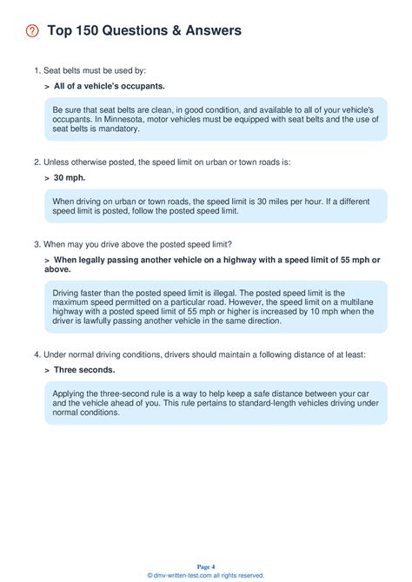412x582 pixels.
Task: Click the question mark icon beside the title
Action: click(x=33, y=31)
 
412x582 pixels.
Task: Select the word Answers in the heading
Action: click(x=208, y=31)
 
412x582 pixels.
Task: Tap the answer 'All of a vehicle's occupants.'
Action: click(x=109, y=87)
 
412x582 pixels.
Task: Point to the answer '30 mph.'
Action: click(x=70, y=177)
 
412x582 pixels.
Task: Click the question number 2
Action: click(x=37, y=162)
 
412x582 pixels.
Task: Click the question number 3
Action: click(x=37, y=243)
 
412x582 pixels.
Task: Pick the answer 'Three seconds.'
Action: click(x=84, y=369)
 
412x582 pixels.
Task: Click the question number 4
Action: click(x=37, y=354)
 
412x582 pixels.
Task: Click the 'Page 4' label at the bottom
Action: click(x=206, y=565)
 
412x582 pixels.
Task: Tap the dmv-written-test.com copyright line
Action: click(x=206, y=575)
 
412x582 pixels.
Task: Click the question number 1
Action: click(x=37, y=70)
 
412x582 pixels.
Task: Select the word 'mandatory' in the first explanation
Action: click(x=118, y=129)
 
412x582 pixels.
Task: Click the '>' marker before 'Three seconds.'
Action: click(x=46, y=369)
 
